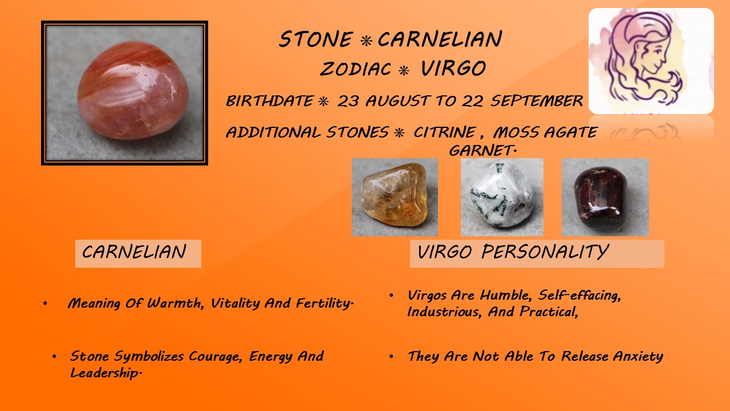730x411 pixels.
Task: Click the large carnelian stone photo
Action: click(124, 93)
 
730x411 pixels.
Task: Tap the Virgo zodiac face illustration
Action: click(651, 61)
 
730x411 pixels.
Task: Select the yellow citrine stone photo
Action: click(395, 197)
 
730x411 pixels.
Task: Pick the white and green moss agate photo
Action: click(502, 197)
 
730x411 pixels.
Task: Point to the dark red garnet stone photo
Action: click(605, 197)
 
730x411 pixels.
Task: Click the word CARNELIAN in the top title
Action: click(440, 39)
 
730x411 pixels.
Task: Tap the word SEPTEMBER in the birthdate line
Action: click(537, 101)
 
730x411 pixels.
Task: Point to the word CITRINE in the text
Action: click(444, 132)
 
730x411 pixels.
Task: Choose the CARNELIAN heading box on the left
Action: click(138, 253)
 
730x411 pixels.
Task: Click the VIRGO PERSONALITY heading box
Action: click(537, 253)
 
